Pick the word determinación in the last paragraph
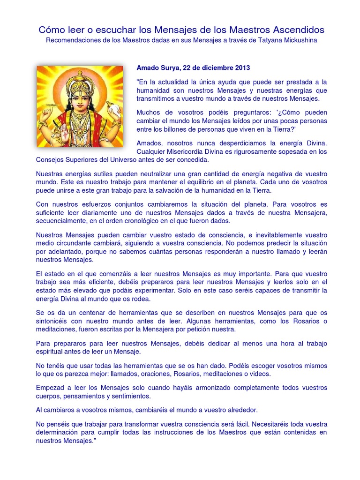57,433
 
